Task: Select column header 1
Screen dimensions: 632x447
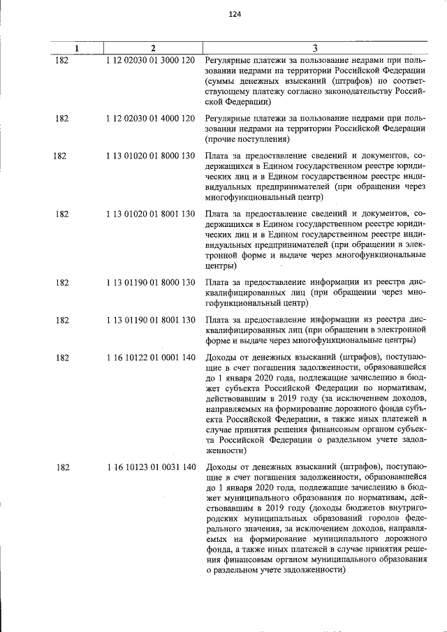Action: [77, 48]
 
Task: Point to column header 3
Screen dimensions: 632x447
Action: [315, 48]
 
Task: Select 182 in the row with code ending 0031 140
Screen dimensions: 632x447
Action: [62, 467]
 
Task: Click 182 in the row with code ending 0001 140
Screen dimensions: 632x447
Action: [62, 357]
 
